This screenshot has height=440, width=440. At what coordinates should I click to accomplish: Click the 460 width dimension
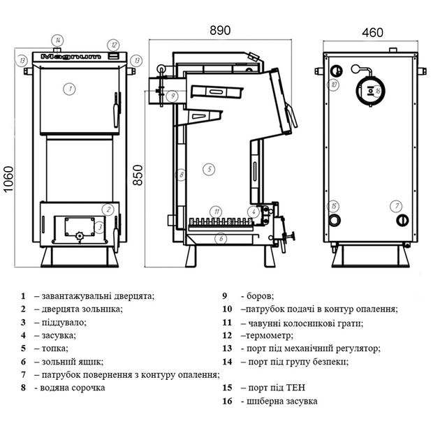tap(372, 32)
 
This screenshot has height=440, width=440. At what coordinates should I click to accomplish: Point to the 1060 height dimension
tap(8, 181)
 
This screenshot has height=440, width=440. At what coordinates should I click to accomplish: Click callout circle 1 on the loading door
tap(69, 88)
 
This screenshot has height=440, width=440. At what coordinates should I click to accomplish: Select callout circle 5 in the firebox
tap(210, 168)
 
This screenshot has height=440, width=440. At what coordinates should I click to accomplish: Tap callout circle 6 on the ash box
tap(221, 238)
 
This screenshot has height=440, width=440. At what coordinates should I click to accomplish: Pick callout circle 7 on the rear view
tap(397, 206)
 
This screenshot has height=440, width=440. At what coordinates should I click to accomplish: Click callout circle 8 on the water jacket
tap(180, 175)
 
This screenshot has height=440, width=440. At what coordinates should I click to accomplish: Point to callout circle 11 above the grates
tap(217, 211)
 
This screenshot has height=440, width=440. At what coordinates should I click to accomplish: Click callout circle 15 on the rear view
tap(334, 206)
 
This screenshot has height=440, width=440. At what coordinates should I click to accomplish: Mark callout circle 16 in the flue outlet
tap(377, 91)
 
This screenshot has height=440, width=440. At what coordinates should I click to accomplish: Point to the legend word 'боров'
tap(261, 295)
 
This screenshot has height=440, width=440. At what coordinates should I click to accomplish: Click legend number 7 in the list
tap(23, 374)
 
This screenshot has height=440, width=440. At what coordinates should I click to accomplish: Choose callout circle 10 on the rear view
tap(334, 85)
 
